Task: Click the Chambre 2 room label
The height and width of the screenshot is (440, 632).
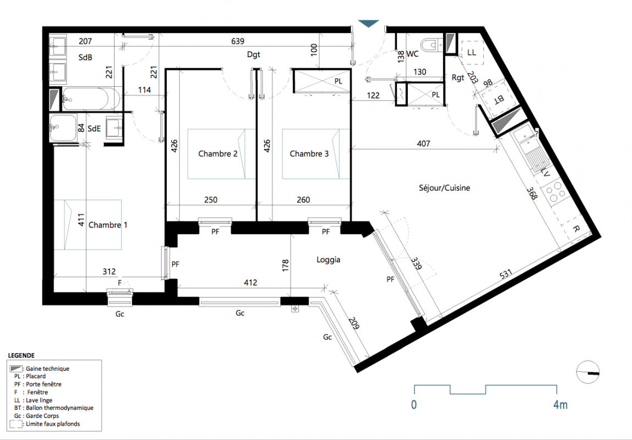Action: pyautogui.click(x=217, y=154)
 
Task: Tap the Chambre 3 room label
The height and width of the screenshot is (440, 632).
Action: pyautogui.click(x=309, y=154)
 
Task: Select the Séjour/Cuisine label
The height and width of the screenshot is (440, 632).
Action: pyautogui.click(x=444, y=188)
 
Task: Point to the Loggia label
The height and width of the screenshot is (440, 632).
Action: pyautogui.click(x=328, y=260)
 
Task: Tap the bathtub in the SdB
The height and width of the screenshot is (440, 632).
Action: pyautogui.click(x=91, y=99)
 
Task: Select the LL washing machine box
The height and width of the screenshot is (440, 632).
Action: pyautogui.click(x=472, y=53)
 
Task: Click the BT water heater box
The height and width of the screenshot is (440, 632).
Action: pyautogui.click(x=498, y=98)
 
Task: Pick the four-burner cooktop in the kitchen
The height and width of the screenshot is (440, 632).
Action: pyautogui.click(x=553, y=192)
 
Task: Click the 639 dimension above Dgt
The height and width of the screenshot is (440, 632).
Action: pyautogui.click(x=238, y=41)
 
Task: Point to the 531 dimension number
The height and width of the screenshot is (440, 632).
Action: pyautogui.click(x=506, y=274)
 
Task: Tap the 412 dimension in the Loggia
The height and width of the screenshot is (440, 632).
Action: pyautogui.click(x=250, y=283)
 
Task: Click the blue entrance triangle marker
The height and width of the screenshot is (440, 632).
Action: pyautogui.click(x=368, y=24)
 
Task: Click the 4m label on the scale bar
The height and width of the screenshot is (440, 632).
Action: pyautogui.click(x=560, y=405)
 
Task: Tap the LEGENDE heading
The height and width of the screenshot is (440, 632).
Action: pyautogui.click(x=21, y=355)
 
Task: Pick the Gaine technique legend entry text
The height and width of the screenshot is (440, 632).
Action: pyautogui.click(x=47, y=369)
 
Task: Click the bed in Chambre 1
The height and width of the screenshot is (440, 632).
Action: pyautogui.click(x=88, y=224)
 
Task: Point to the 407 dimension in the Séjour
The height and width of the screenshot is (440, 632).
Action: pyautogui.click(x=423, y=144)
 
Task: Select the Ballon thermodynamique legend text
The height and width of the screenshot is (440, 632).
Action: pyautogui.click(x=59, y=408)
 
